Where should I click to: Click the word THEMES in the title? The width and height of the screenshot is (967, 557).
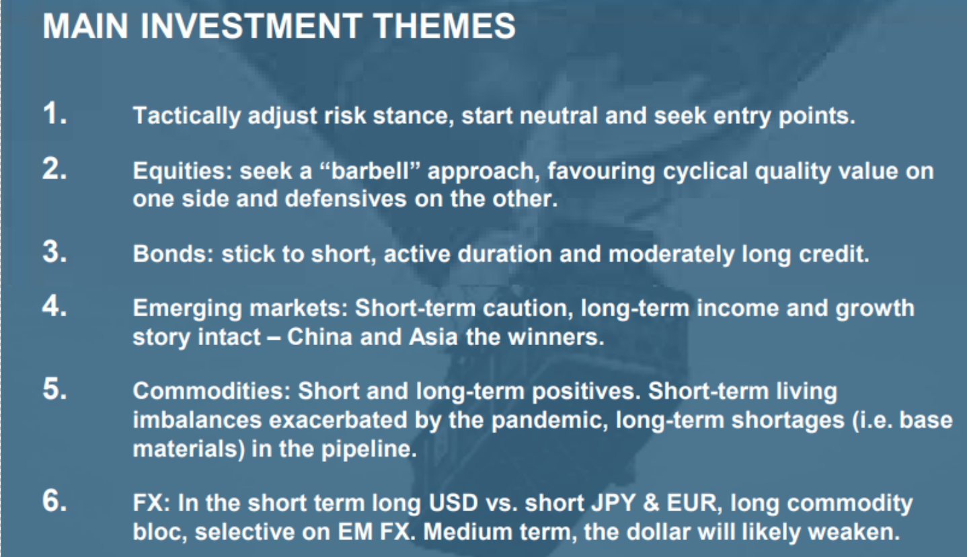point(444,26)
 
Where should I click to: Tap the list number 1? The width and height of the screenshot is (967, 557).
point(55,114)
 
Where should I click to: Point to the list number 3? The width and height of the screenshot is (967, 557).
point(55,252)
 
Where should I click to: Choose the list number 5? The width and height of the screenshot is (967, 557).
point(55,389)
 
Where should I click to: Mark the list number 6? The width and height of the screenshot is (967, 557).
point(55,501)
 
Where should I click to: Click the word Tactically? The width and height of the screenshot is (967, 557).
point(186,116)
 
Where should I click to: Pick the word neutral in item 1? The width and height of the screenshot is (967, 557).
point(559,116)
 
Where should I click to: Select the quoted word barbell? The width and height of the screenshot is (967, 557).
point(370,171)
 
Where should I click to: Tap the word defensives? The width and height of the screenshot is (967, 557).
point(346,199)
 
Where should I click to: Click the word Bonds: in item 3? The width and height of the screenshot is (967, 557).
point(173,254)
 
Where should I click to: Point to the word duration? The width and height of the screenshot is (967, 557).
point(504,254)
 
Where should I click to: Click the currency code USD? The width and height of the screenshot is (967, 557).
point(453,503)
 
